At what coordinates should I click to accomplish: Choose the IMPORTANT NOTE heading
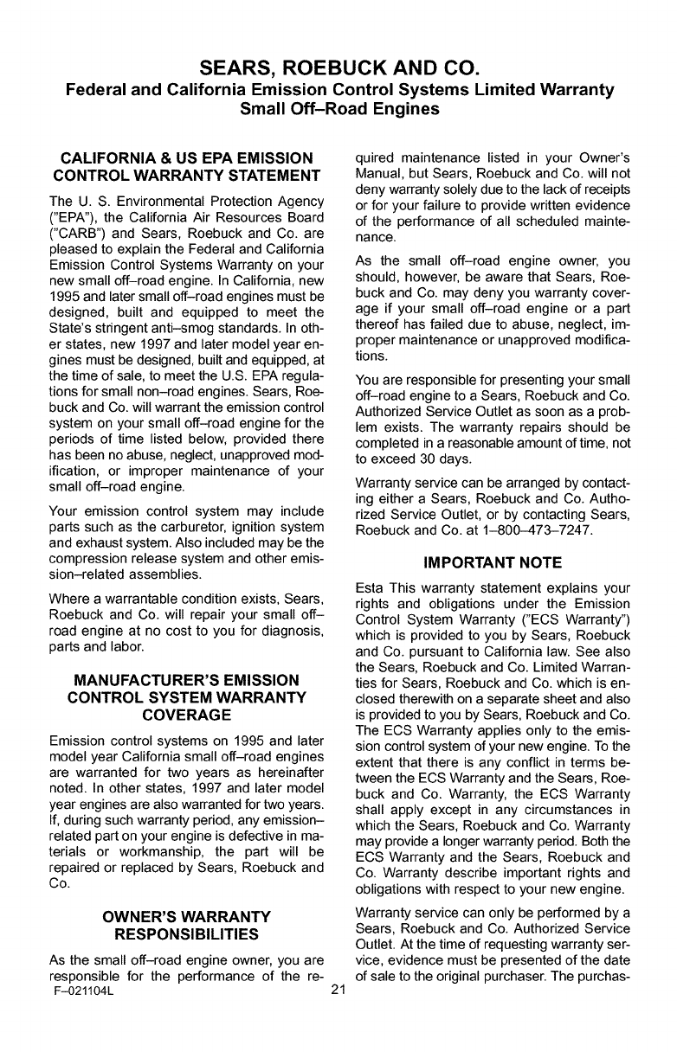[x=493, y=563]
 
